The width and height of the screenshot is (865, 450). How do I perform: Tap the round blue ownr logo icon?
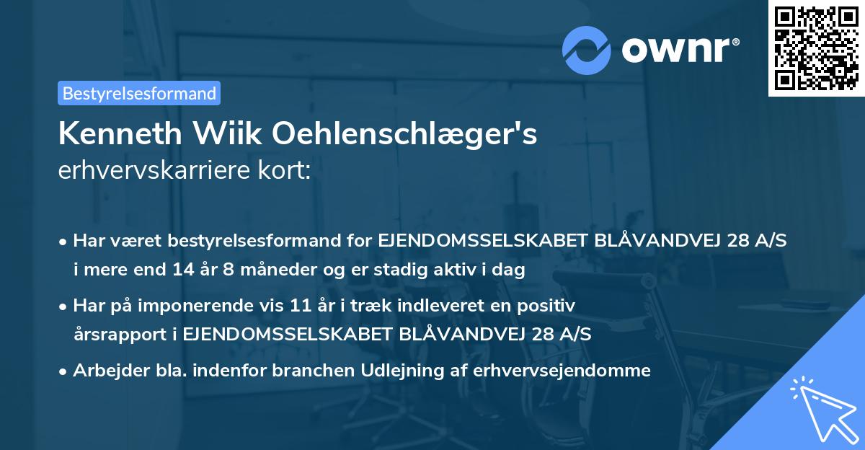[x=587, y=50]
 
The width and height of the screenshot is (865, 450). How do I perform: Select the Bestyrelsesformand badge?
[x=139, y=93]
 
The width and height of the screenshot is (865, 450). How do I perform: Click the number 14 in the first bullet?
[x=182, y=270]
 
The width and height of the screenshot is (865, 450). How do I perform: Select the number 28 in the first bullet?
[x=742, y=242]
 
